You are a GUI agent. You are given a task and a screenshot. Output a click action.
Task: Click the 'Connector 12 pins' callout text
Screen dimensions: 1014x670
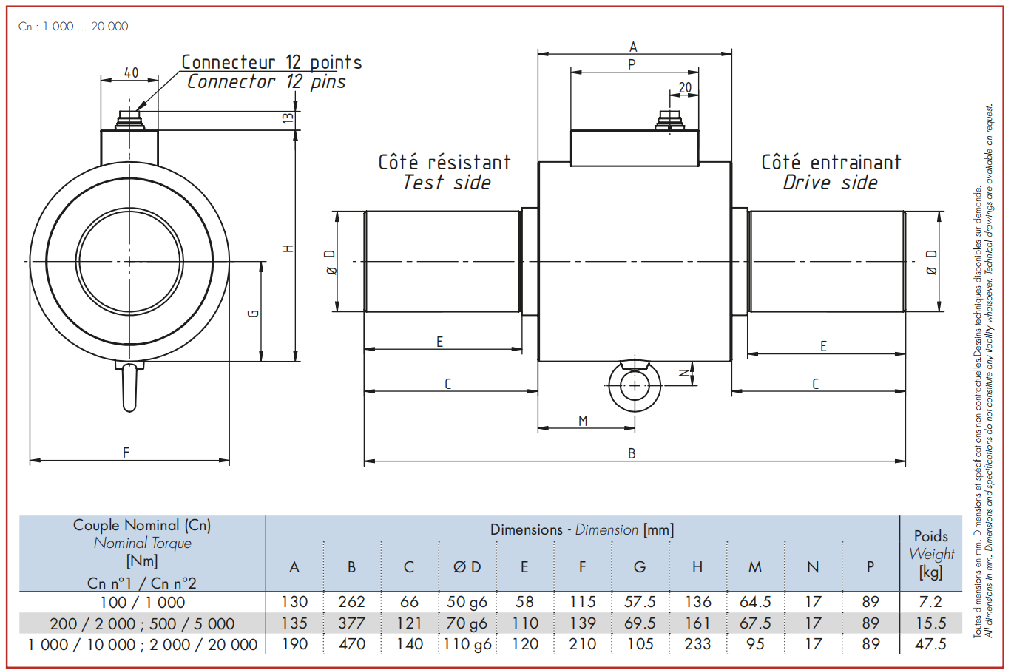[x=266, y=82]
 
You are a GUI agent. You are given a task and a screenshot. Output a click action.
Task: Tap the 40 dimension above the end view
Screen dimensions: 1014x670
[x=131, y=72]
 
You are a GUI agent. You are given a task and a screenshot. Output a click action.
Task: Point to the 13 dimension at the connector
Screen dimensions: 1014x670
[x=288, y=118]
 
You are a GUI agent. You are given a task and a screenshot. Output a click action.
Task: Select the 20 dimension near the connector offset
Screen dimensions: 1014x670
[x=686, y=87]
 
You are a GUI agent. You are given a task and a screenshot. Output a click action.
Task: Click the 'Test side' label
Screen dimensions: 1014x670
[x=446, y=183]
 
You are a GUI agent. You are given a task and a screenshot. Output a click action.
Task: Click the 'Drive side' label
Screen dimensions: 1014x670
[x=831, y=183]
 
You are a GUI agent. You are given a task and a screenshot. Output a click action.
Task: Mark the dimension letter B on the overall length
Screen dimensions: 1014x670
[x=632, y=453]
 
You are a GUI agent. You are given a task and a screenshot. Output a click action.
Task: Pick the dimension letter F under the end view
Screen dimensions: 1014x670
[x=126, y=453]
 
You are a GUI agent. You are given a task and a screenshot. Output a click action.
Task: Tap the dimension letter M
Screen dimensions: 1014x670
[x=583, y=421]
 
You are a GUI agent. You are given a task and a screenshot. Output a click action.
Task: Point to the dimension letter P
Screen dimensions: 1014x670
[x=632, y=65]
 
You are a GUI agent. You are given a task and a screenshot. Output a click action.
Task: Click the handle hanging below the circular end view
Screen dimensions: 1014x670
[x=129, y=387]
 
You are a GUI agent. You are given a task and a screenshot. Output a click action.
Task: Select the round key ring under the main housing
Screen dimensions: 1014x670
[x=634, y=386]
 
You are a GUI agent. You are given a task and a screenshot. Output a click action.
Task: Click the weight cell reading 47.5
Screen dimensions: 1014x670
[x=930, y=644]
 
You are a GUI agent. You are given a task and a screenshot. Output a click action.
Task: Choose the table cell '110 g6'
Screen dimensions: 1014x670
[x=467, y=644]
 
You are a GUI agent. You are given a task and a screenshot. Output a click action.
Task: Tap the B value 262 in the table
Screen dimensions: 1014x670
[x=352, y=602]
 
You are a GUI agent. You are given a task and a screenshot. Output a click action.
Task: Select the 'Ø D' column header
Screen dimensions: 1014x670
[x=467, y=566]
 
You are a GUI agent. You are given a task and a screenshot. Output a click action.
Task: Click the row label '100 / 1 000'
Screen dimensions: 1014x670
[x=143, y=603]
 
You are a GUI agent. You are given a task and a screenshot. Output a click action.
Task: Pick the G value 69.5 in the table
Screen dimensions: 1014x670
[x=640, y=623]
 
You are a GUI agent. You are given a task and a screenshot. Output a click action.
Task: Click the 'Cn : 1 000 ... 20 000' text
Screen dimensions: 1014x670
[x=73, y=27]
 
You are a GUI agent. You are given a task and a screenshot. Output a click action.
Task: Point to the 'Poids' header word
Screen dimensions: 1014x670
[x=930, y=536]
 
